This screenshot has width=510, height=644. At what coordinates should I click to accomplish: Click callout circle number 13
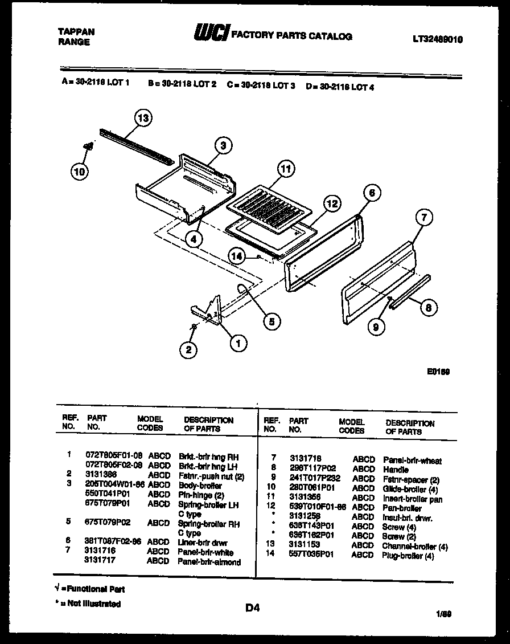click(x=144, y=119)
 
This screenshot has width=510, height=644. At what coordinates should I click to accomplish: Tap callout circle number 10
click(x=81, y=170)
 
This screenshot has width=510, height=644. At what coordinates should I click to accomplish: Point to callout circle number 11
click(x=286, y=169)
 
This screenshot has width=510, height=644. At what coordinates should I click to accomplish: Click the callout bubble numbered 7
click(x=424, y=217)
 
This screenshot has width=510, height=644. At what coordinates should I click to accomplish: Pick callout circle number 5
click(x=272, y=321)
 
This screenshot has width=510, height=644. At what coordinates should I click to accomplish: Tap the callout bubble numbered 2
click(x=188, y=349)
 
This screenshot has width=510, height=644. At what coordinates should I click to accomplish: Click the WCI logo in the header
click(x=212, y=34)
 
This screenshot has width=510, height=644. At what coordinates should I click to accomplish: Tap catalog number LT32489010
click(x=437, y=39)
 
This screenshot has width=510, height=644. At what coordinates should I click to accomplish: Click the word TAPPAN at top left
click(x=76, y=32)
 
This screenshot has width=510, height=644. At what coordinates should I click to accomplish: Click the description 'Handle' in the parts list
click(x=396, y=470)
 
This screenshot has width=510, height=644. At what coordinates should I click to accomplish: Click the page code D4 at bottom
click(x=252, y=608)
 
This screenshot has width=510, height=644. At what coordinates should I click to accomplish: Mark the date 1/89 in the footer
click(x=443, y=614)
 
